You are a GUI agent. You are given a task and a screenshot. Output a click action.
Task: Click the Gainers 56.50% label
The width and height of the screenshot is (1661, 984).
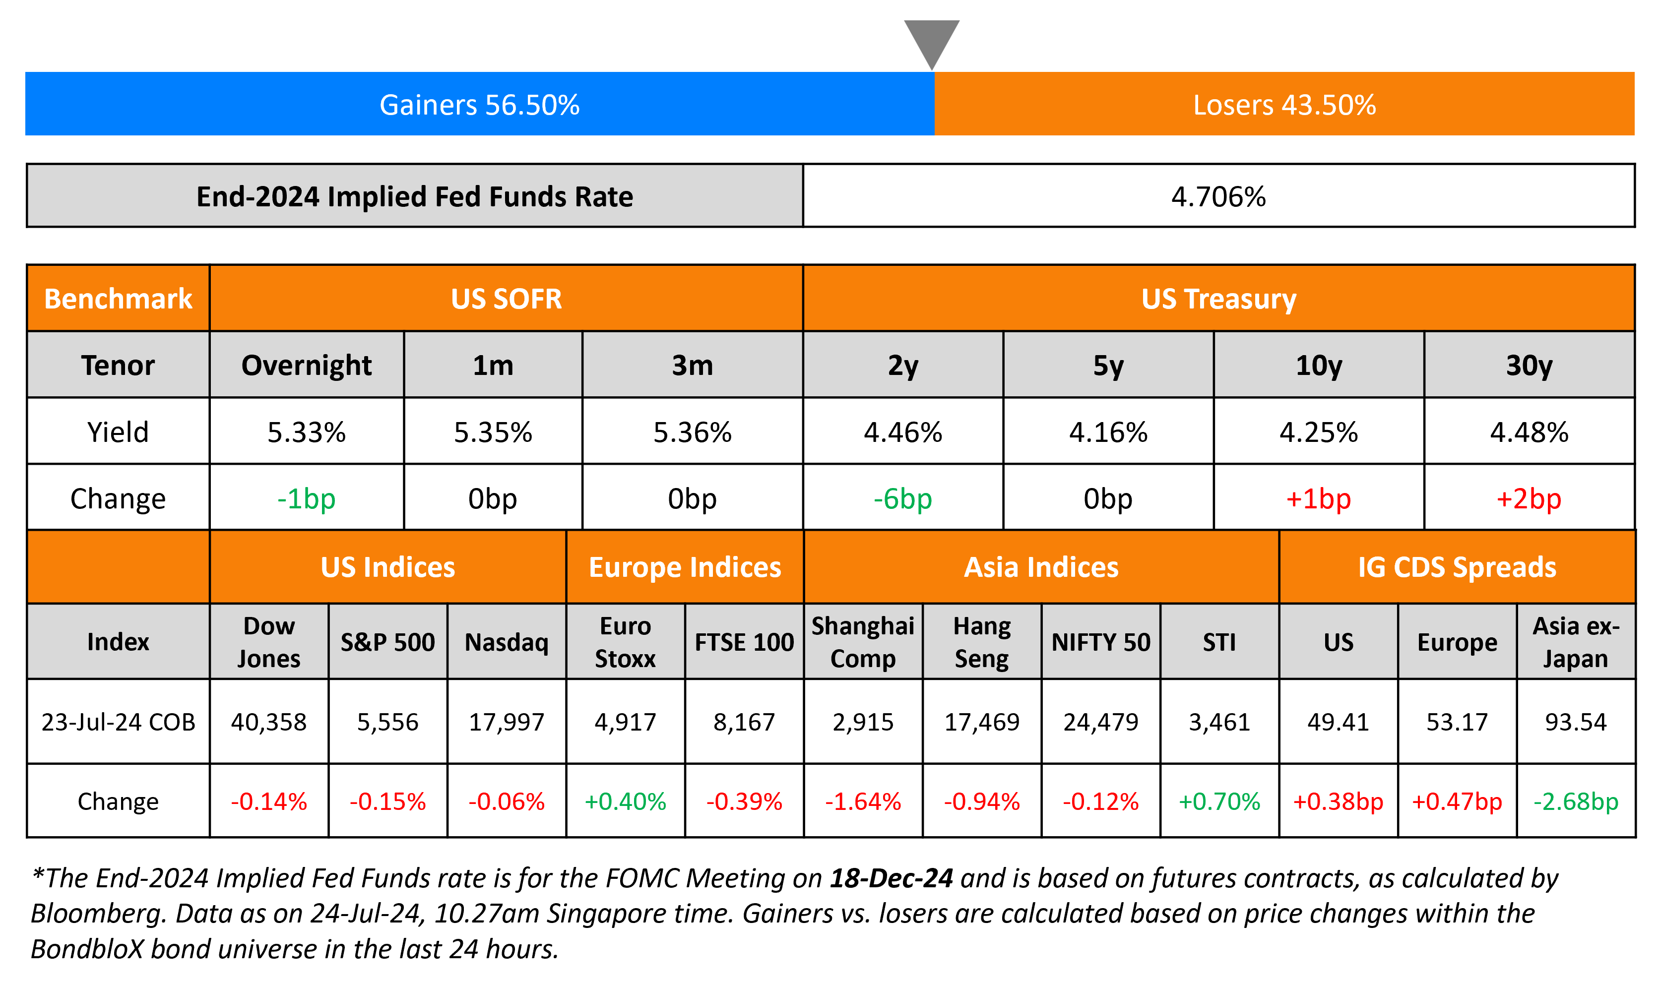[479, 105]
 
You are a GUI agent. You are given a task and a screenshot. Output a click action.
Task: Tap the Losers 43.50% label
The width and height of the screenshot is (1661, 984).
[1284, 105]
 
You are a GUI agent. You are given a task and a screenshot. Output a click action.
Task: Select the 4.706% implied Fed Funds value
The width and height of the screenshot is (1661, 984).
[1218, 197]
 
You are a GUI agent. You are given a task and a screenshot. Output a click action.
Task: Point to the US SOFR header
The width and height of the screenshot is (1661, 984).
[506, 299]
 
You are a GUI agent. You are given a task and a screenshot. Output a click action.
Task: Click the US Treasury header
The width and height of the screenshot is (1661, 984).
[1218, 299]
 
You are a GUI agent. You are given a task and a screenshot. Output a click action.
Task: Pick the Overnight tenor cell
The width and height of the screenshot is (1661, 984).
[306, 366]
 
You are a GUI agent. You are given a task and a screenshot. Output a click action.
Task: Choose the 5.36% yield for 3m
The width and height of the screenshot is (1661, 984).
[692, 432]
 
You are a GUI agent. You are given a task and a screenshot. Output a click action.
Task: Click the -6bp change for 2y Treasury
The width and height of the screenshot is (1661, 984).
[902, 498]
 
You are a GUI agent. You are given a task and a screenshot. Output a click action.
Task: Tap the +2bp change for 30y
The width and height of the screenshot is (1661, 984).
[1529, 498]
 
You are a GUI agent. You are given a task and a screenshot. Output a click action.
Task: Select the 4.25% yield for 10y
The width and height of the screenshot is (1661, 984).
[1318, 432]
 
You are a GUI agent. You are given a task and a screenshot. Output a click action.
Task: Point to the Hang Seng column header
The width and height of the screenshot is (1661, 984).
[981, 642]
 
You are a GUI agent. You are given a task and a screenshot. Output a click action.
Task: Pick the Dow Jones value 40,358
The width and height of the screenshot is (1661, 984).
[268, 722]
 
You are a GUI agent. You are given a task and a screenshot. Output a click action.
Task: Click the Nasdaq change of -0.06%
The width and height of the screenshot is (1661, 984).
[506, 801]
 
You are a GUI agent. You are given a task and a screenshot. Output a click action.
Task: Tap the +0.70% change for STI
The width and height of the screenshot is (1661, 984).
[1219, 801]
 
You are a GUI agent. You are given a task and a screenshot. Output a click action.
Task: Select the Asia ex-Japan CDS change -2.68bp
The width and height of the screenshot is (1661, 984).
[1576, 801]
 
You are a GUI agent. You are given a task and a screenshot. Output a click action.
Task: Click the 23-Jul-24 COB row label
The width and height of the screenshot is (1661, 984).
[118, 722]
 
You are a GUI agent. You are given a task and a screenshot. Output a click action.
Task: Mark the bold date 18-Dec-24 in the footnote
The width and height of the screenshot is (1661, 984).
[891, 878]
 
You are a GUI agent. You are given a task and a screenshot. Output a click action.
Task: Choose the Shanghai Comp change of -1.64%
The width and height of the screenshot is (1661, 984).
[863, 801]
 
